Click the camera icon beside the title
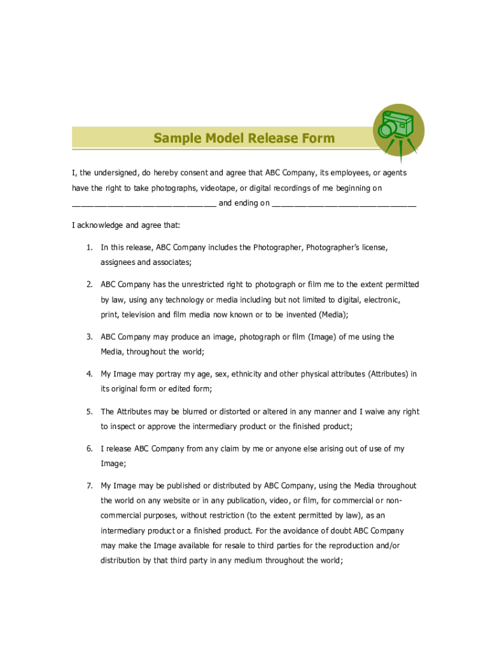[x=398, y=130]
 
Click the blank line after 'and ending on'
[x=344, y=204]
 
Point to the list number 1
[x=90, y=247]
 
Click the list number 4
[x=90, y=374]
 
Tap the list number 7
[x=90, y=486]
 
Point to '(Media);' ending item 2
[x=333, y=315]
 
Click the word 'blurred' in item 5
[x=189, y=412]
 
